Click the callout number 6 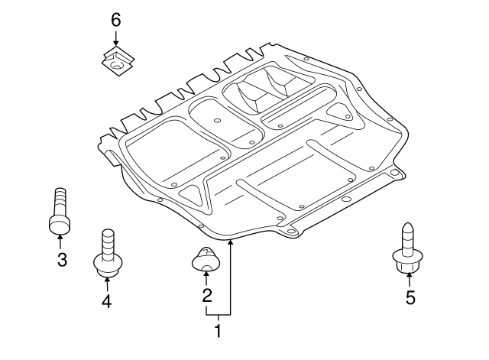[115, 20]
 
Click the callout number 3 [62, 260]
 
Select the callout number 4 [106, 301]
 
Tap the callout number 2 [206, 294]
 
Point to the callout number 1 [217, 332]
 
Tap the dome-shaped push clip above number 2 [205, 261]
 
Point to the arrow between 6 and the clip [115, 38]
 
